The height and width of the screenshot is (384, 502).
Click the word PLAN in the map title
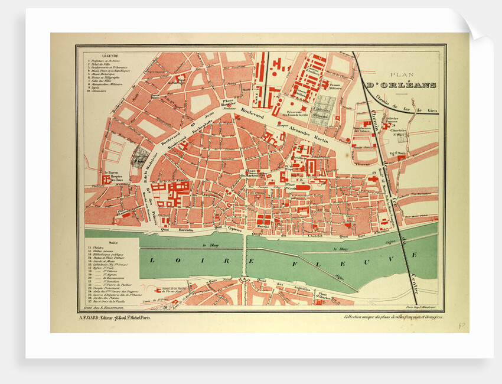[400, 74]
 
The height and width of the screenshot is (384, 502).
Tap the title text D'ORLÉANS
[401, 85]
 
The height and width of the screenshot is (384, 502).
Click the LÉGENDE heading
[110, 54]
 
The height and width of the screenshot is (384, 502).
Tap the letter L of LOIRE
[152, 260]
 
